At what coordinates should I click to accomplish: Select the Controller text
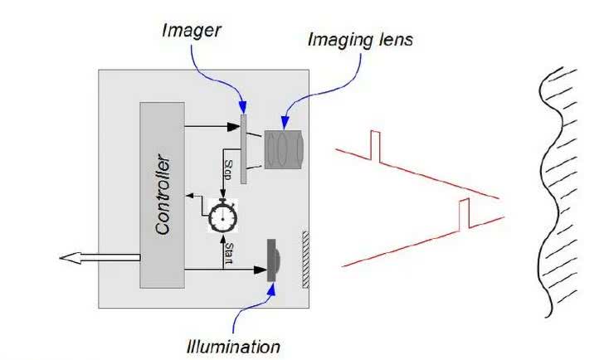[163, 194]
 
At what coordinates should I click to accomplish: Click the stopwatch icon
[222, 216]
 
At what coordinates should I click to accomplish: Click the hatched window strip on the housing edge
[305, 260]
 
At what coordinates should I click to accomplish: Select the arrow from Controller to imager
[212, 127]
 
